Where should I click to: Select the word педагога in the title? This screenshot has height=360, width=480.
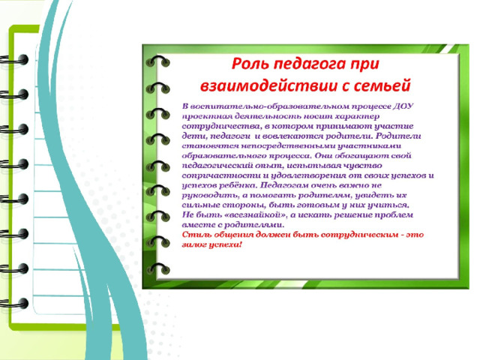(x=310, y=64)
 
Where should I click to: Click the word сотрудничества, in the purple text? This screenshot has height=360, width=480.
(x=222, y=127)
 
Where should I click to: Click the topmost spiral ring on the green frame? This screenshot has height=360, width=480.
(x=157, y=60)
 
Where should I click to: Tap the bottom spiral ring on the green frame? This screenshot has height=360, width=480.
(x=157, y=268)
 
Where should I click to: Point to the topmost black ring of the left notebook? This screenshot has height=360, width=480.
(x=14, y=60)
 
